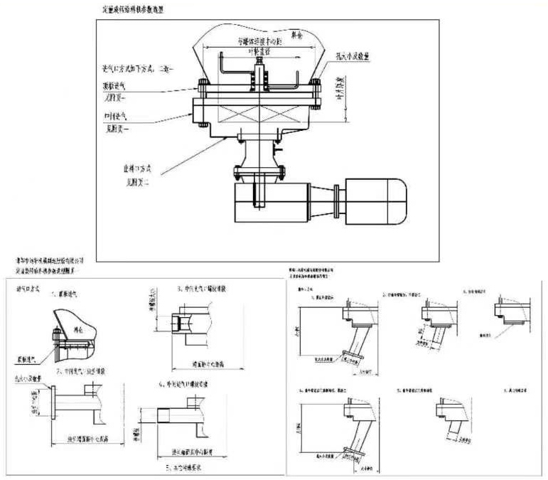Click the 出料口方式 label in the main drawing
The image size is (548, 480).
143,171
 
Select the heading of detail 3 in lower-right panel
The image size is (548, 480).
484,292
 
